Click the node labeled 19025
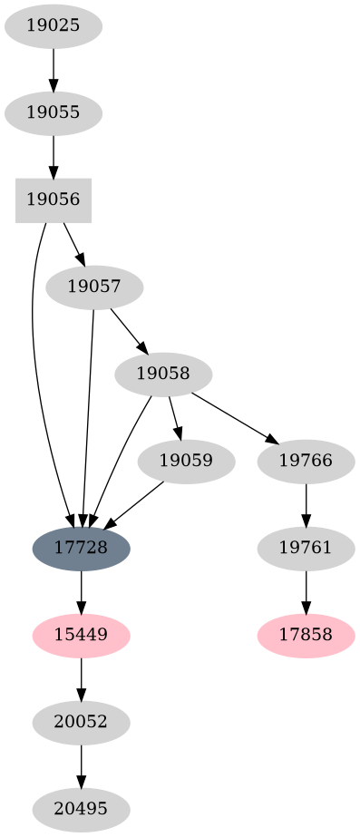pos(54,25)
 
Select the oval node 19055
pos(54,112)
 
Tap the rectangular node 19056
pos(54,200)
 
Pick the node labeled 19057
pos(92,287)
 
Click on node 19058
pos(164,374)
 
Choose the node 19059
pos(186,461)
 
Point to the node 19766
pos(306,461)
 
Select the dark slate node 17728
pos(82,548)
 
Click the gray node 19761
pos(306,548)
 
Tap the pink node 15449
pos(82,635)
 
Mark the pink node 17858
pos(306,635)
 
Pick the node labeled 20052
pos(82,722)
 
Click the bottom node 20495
pos(82,809)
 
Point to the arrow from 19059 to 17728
pos(134,504)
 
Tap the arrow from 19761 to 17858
pos(306,591)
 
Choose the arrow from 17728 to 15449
pos(82,591)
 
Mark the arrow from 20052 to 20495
pos(82,765)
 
